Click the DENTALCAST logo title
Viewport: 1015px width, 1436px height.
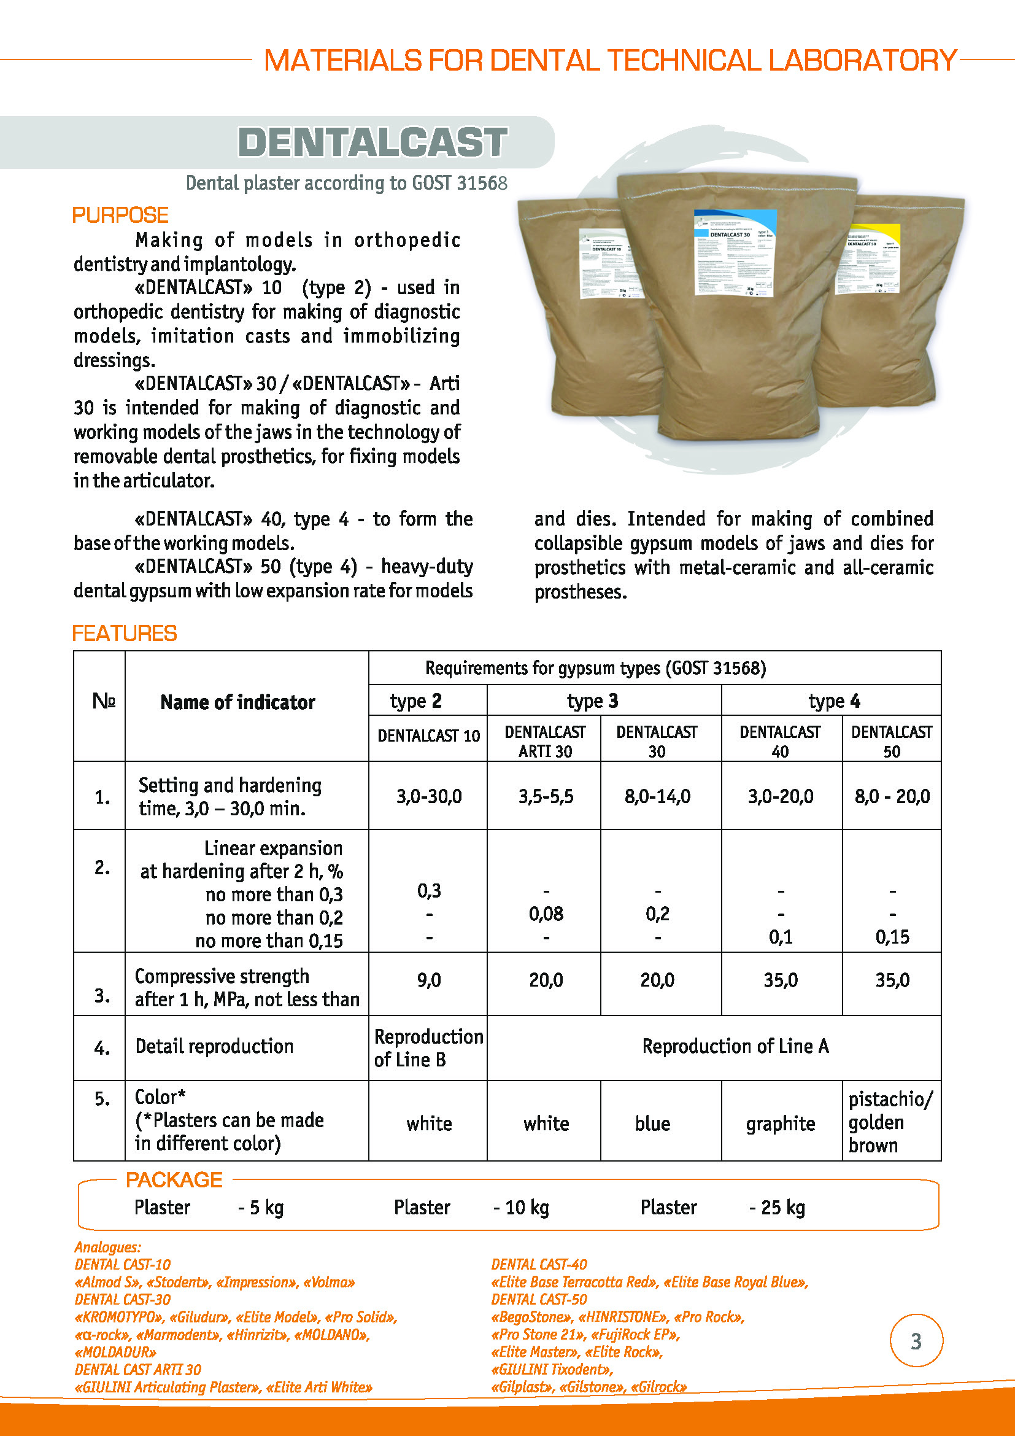(372, 142)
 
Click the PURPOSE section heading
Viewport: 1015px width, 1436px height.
(120, 215)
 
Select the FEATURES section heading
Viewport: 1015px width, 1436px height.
(125, 633)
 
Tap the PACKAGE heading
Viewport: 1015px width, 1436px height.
(174, 1179)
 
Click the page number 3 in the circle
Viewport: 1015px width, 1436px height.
(916, 1341)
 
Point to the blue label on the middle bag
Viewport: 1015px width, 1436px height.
(735, 252)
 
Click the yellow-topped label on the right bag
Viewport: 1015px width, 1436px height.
(868, 258)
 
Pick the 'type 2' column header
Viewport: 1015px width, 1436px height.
(415, 701)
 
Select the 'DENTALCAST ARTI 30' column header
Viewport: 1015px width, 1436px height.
(545, 741)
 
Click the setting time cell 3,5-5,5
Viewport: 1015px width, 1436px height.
(546, 796)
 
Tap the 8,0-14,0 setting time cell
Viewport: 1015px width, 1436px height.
(657, 796)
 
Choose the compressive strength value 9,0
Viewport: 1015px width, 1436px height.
(429, 980)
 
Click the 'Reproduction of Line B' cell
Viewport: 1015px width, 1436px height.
(428, 1048)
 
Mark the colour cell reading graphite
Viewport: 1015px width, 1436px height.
(781, 1124)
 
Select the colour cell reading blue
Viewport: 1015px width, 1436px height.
(652, 1124)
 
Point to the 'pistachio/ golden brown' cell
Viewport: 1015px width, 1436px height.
(890, 1123)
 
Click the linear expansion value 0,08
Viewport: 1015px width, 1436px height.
(546, 914)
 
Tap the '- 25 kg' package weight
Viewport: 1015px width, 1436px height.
(777, 1207)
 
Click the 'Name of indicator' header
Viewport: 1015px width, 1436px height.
(237, 702)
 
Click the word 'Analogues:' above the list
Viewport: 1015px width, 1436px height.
(107, 1247)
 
